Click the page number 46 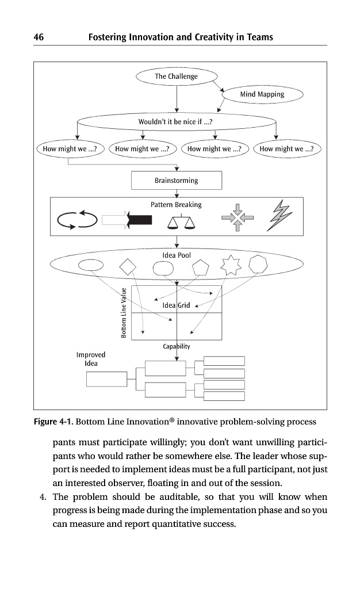click(x=39, y=37)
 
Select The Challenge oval click(x=176, y=77)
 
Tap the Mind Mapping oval click(x=262, y=94)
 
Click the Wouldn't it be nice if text click(x=176, y=122)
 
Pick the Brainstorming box click(x=176, y=181)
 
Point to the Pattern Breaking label click(x=176, y=205)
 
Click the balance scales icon click(x=181, y=221)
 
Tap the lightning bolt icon click(x=279, y=216)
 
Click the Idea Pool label click(x=177, y=255)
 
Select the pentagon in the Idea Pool click(x=200, y=267)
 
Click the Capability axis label click(x=177, y=347)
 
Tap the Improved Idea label click(x=91, y=359)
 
